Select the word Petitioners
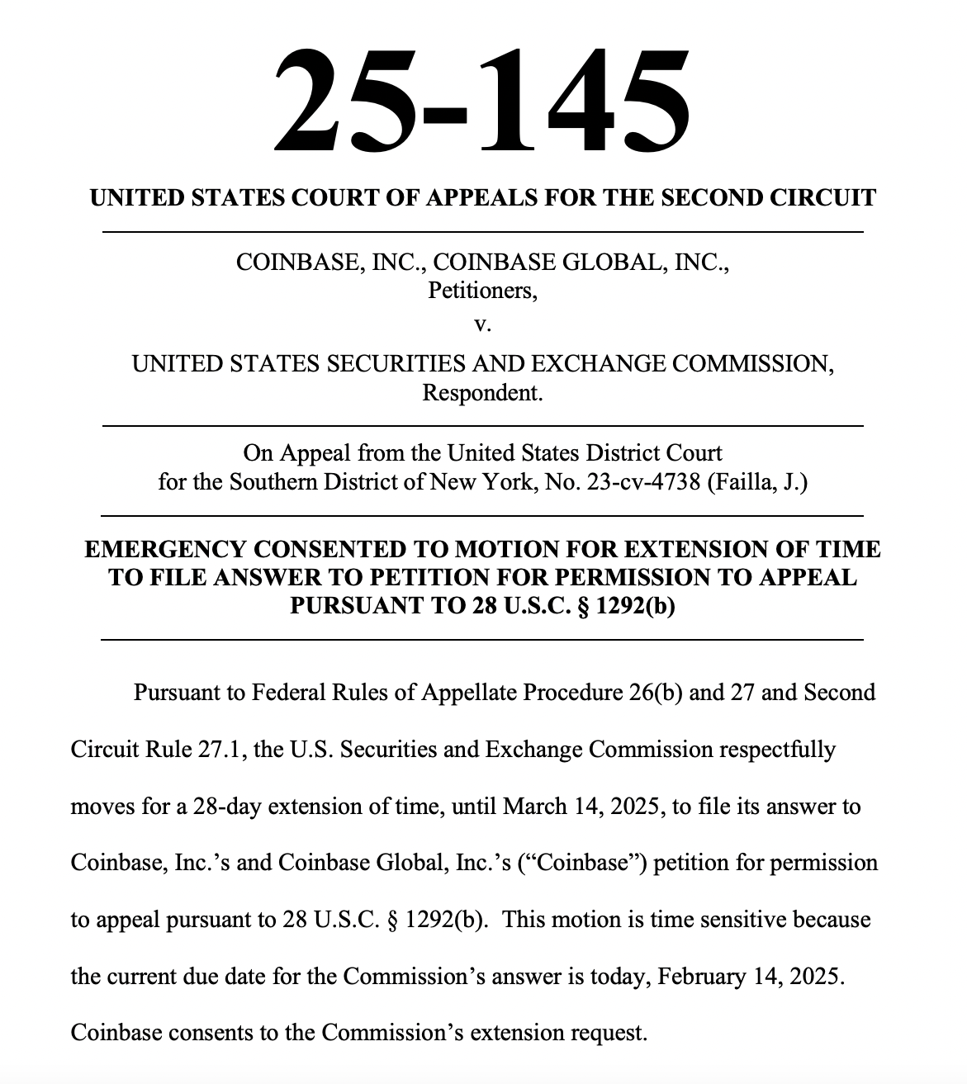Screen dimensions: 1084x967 click(481, 291)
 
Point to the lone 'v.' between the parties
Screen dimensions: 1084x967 click(482, 324)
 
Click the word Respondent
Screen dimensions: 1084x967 click(482, 393)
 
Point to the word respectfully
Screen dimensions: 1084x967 click(777, 750)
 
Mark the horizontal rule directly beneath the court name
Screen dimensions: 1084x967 click(482, 233)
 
